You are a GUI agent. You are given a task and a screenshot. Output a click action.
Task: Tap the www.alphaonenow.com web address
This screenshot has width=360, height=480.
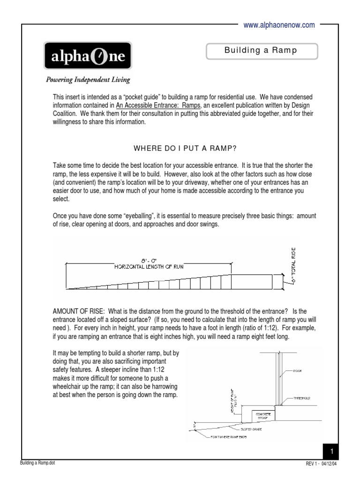[x=279, y=25]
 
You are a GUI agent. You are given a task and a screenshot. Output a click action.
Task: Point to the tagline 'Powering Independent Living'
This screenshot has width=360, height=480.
[x=88, y=79]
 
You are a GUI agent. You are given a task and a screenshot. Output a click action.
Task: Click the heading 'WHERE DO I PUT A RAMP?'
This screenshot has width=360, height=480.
[x=185, y=149]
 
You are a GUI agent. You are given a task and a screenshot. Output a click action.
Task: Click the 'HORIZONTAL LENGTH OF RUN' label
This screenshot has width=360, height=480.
[x=149, y=267]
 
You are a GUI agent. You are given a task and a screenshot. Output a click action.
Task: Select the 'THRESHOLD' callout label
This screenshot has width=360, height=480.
[x=302, y=398]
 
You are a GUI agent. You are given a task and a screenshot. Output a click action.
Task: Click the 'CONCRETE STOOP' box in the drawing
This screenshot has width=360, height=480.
[x=262, y=415]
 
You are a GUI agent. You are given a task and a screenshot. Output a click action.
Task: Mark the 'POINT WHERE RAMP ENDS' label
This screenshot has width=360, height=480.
[x=229, y=437]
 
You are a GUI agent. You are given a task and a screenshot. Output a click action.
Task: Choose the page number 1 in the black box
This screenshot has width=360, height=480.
[x=331, y=451]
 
